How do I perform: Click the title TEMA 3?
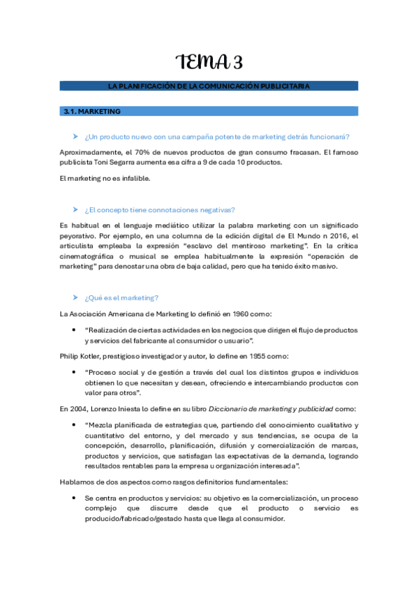(x=209, y=63)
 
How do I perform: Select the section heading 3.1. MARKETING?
(x=91, y=111)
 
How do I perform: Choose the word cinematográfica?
(x=91, y=256)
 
